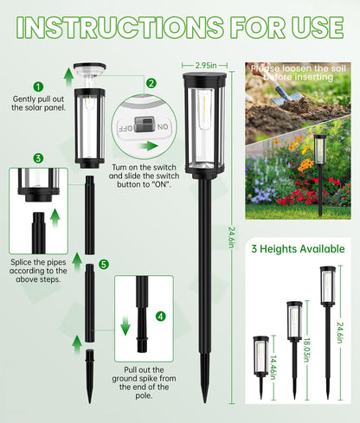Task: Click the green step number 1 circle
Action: pyautogui.click(x=38, y=87)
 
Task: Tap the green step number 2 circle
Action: pyautogui.click(x=151, y=84)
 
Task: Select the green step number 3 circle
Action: pyautogui.click(x=38, y=157)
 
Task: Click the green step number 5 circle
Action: pyautogui.click(x=104, y=264)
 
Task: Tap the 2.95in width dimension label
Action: pyautogui.click(x=204, y=65)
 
